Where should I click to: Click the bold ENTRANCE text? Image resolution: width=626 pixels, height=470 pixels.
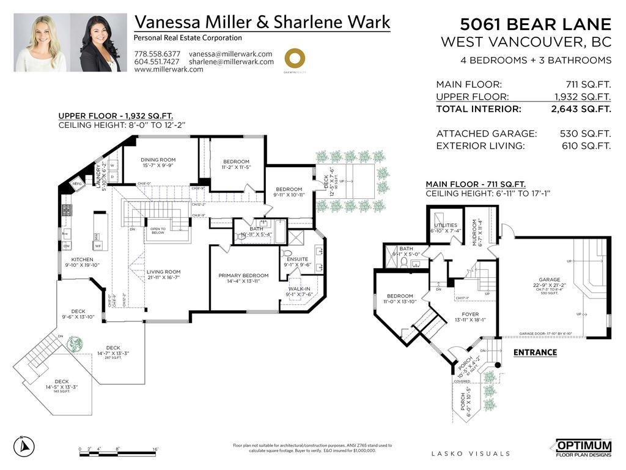click(535, 352)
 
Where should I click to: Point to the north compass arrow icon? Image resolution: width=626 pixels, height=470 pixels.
click(24, 447)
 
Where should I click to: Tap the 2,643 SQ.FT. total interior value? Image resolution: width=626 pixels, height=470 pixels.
click(581, 110)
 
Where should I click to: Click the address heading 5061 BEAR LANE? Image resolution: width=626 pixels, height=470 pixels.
click(536, 24)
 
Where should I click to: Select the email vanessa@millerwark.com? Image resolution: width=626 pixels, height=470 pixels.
click(230, 54)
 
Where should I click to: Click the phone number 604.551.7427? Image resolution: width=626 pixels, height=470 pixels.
click(157, 62)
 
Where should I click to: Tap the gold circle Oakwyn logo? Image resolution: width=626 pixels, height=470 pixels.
click(295, 59)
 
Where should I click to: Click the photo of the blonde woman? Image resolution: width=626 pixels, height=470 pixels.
click(41, 43)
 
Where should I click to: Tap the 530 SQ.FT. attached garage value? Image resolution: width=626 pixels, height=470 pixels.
click(585, 133)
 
